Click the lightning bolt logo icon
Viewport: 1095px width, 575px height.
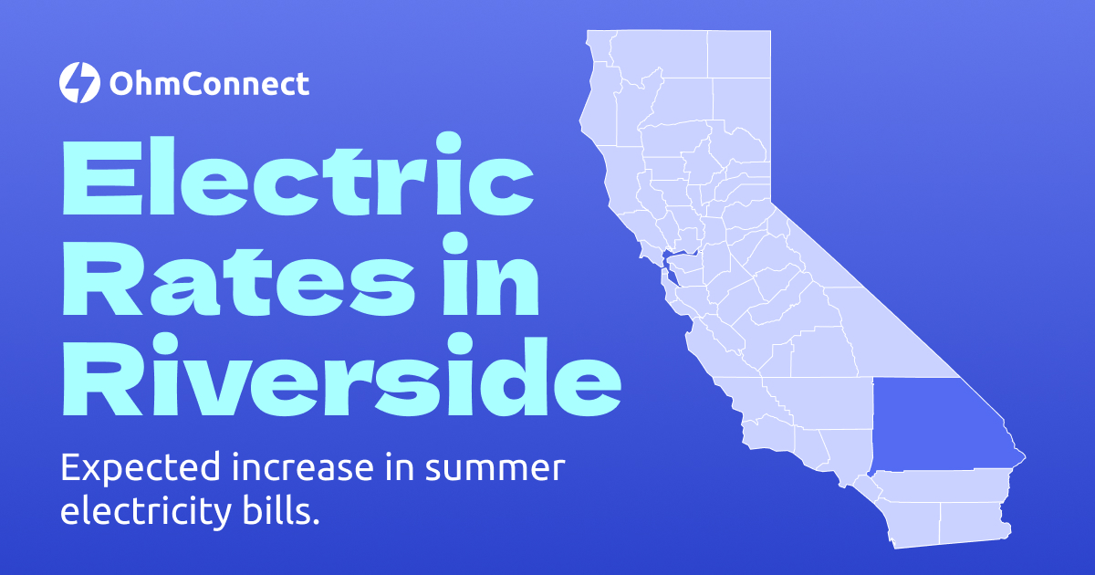[x=78, y=83]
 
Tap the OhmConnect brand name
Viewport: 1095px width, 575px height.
[x=209, y=85]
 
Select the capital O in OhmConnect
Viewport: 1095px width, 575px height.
[x=122, y=85]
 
